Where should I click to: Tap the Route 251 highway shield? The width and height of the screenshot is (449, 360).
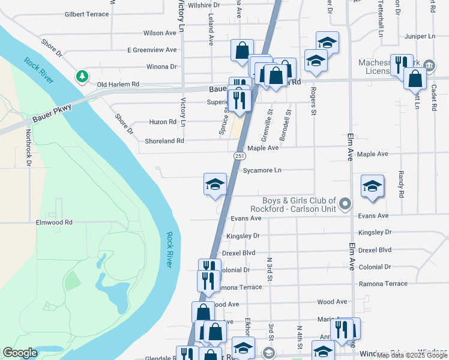pos(239,156)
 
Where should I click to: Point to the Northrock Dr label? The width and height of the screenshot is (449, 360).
pos(28,148)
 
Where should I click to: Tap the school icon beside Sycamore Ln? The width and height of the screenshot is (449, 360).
pos(215,184)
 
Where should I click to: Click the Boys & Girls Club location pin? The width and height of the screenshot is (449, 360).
pos(345,205)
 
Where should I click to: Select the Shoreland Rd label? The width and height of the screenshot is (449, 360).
pos(164,141)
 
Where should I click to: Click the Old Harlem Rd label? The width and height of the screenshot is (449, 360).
pos(118,85)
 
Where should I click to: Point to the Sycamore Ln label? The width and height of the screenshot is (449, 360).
pos(262,170)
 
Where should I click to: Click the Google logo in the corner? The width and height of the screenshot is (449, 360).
pos(20,353)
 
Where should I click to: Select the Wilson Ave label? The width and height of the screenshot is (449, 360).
pos(160,34)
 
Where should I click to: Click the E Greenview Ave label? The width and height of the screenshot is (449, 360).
pos(151,50)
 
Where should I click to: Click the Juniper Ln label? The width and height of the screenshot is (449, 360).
pos(420,37)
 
